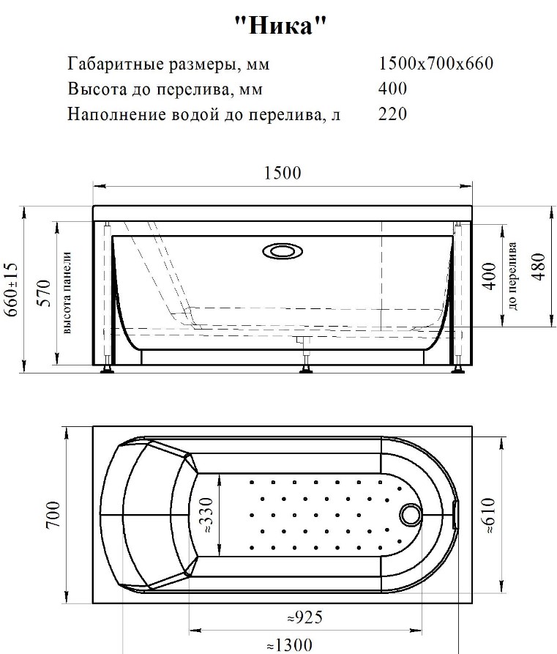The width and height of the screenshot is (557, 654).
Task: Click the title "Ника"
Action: click(280, 25)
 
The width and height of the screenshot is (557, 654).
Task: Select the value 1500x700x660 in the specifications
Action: click(436, 64)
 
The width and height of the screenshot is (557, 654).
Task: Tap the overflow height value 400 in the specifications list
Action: click(393, 89)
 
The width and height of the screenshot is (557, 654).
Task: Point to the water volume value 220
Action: click(393, 114)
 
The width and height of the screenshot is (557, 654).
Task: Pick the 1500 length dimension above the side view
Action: click(283, 173)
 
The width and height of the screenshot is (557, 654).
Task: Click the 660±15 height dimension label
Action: click(12, 289)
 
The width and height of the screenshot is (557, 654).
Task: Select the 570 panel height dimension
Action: click(45, 293)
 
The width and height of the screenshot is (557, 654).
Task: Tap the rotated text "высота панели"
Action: click(67, 293)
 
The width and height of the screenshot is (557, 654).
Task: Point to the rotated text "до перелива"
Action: click(513, 276)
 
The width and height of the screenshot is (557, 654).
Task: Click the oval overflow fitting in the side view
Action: click(283, 251)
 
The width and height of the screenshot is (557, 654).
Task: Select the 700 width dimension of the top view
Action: click(53, 516)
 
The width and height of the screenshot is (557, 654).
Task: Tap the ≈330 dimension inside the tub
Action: click(207, 516)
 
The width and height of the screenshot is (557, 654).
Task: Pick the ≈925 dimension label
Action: click(305, 617)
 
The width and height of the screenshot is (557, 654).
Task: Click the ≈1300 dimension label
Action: click(289, 645)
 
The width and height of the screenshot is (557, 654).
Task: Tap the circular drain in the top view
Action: click(411, 515)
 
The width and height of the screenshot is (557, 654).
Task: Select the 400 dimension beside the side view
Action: click(490, 276)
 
